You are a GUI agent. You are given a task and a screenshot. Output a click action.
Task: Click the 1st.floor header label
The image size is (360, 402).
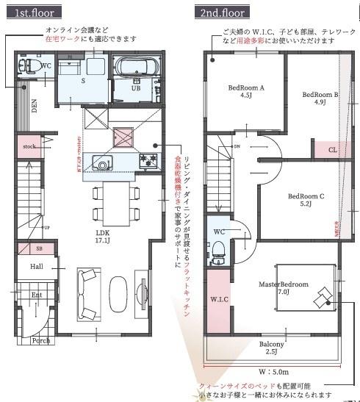[x=32, y=13]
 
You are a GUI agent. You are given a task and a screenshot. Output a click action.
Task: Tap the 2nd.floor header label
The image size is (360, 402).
[x=222, y=13]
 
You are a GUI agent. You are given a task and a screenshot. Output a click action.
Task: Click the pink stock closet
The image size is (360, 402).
[x=29, y=146]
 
